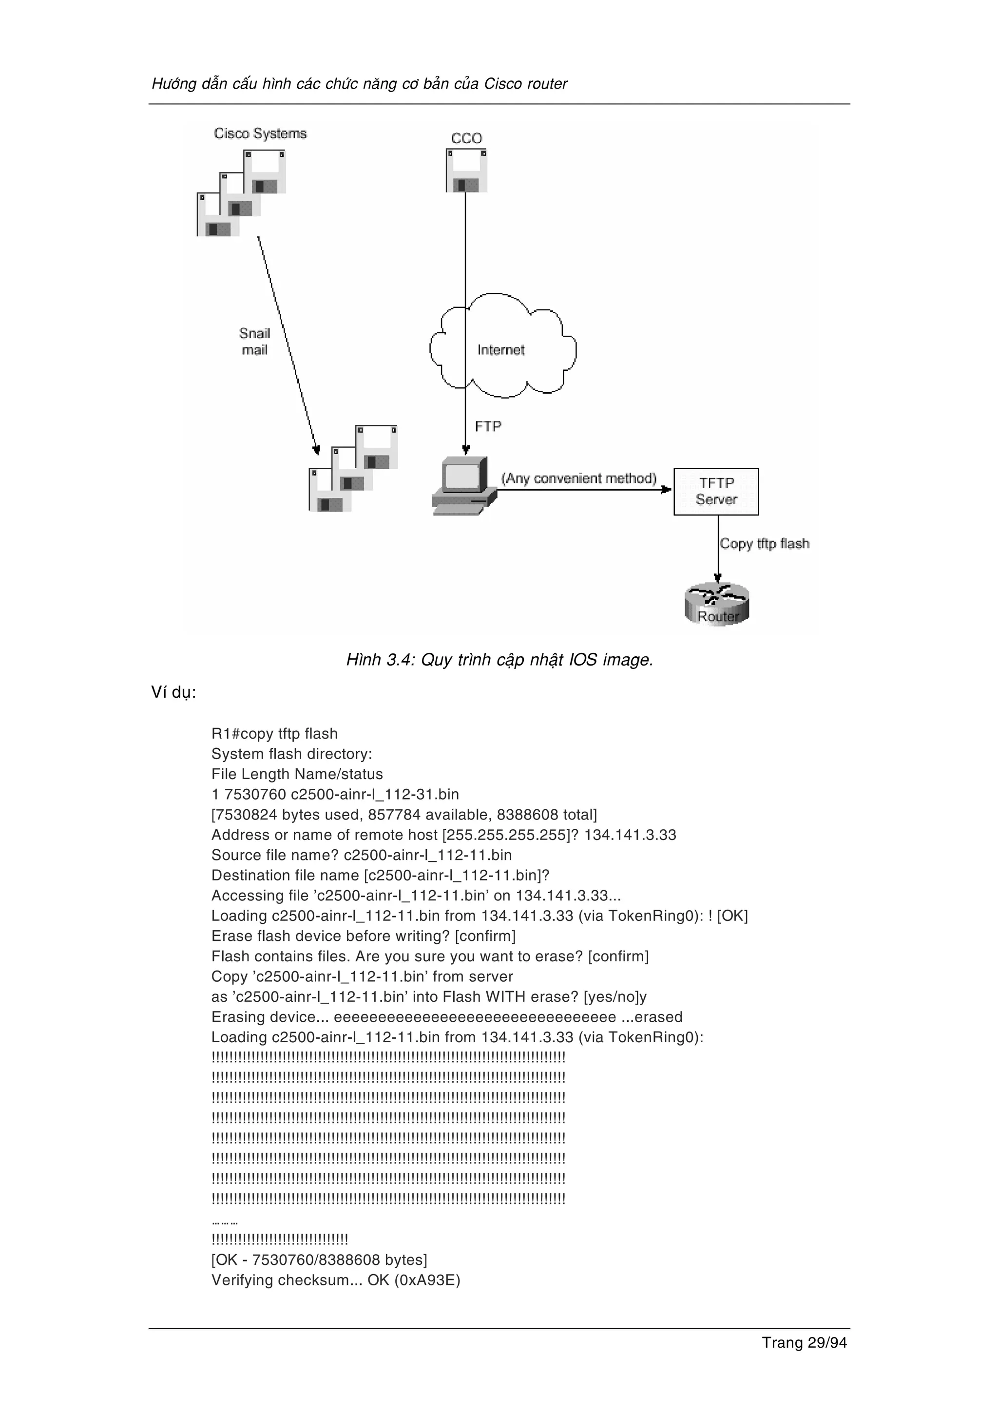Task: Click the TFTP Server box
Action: click(716, 491)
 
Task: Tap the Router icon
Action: click(717, 605)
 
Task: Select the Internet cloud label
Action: click(500, 350)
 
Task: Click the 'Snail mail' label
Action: click(254, 342)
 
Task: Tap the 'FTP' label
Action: click(488, 426)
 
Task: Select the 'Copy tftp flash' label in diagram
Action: click(764, 544)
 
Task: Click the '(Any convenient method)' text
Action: click(578, 478)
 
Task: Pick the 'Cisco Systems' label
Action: click(260, 134)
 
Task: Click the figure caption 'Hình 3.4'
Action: click(499, 660)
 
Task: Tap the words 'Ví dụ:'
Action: click(173, 692)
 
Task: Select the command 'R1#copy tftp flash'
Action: click(274, 734)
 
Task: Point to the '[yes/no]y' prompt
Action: click(614, 997)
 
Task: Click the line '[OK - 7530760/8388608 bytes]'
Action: click(319, 1259)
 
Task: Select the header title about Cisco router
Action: click(359, 84)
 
